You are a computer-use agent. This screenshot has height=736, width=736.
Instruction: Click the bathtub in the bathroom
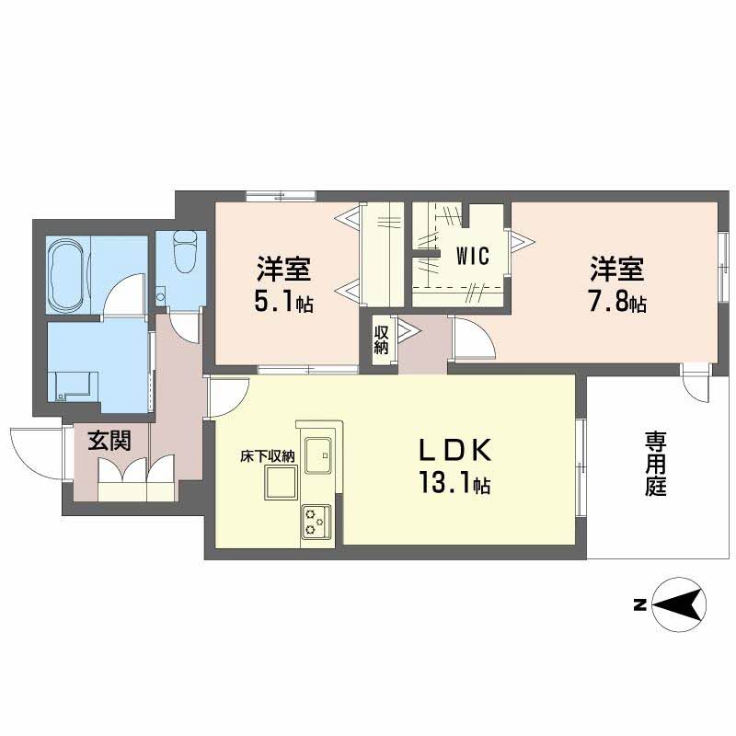[66, 275]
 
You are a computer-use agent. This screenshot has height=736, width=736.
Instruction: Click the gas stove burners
[316, 523]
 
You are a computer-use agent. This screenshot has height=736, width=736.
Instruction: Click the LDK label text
[457, 450]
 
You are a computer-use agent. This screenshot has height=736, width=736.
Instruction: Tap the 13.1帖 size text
[455, 483]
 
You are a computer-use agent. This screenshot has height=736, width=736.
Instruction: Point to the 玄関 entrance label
[109, 441]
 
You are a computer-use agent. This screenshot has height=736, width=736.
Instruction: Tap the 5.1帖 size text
[283, 302]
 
